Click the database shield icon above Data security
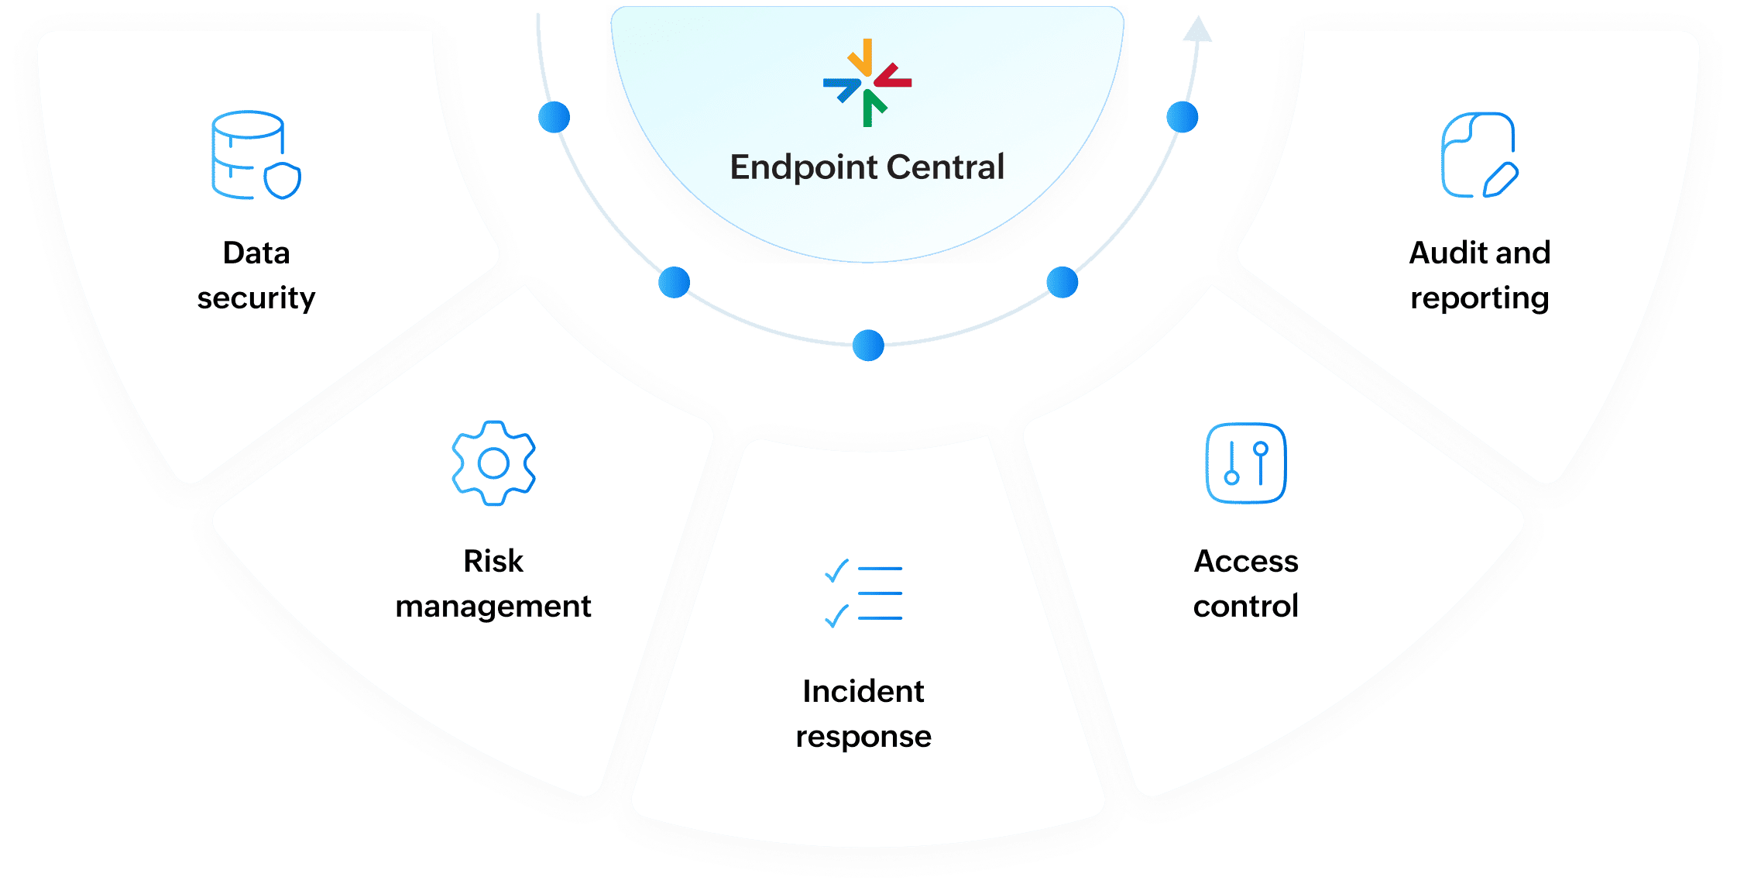256,155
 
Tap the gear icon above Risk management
493,463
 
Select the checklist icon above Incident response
863,593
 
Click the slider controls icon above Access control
1245,463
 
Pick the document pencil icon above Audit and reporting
1479,155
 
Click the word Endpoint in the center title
802,167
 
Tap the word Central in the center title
946,167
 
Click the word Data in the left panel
256,253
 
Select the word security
256,298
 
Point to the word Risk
493,561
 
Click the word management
493,607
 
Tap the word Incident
863,691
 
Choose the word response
863,737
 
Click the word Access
1246,561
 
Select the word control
1246,606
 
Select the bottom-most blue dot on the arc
868,346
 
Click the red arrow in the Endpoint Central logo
893,77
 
